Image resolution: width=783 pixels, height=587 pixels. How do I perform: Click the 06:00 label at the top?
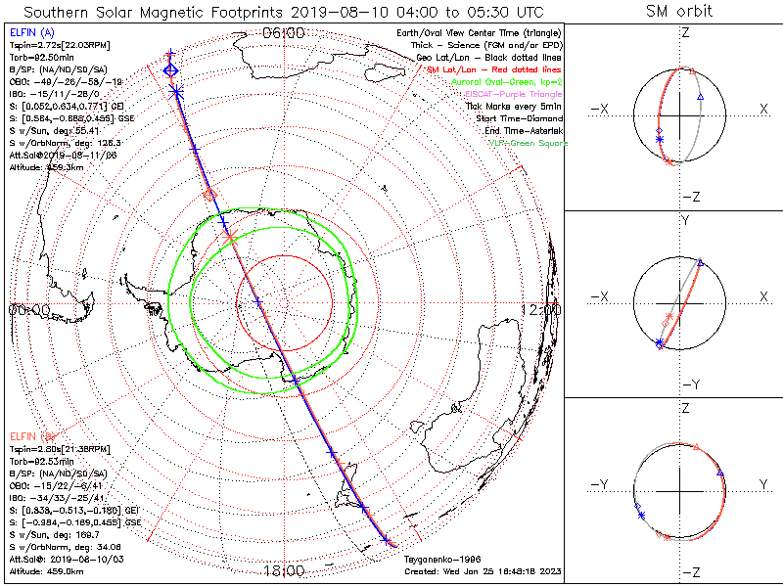point(284,33)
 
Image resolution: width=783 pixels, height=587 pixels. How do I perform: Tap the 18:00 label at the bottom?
point(284,569)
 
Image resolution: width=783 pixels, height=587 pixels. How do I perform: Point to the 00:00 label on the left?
point(29,309)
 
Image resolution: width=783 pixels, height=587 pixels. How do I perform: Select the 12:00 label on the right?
point(541,309)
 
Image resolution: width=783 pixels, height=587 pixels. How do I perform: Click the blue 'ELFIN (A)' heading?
point(30,33)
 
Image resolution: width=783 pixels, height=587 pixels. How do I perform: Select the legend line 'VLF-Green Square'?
point(527,144)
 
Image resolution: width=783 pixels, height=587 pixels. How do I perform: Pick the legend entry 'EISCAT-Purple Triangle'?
point(513,95)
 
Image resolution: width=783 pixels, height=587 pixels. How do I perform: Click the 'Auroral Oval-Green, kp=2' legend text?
point(509,83)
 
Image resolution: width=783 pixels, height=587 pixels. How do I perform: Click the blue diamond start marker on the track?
point(171,70)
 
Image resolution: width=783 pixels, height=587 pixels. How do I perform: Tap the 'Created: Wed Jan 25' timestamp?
point(483,570)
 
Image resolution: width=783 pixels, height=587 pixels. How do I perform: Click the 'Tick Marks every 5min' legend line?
point(517,107)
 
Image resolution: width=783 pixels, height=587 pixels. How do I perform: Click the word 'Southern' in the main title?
point(63,12)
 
